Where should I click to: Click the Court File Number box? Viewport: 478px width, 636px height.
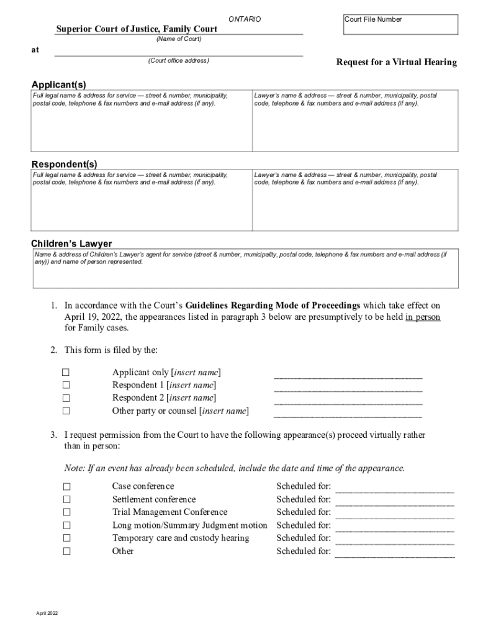pyautogui.click(x=400, y=25)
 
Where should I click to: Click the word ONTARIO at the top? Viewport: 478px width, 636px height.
pyautogui.click(x=245, y=20)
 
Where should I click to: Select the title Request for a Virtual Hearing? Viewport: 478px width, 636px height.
pyautogui.click(x=396, y=62)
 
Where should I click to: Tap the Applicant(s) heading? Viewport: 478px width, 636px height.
pyautogui.click(x=59, y=84)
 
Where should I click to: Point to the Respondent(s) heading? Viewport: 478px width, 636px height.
pyautogui.click(x=65, y=164)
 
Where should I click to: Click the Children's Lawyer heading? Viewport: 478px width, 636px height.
pyautogui.click(x=71, y=243)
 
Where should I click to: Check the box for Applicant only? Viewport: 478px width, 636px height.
pyautogui.click(x=66, y=373)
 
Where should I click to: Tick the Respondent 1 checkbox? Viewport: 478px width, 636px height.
pyautogui.click(x=66, y=386)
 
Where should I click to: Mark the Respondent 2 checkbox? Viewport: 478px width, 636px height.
pyautogui.click(x=66, y=398)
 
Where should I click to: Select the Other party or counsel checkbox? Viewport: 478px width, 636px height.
pyautogui.click(x=66, y=411)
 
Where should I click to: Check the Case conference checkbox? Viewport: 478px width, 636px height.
pyautogui.click(x=66, y=486)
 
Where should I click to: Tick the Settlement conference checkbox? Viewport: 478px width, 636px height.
pyautogui.click(x=66, y=499)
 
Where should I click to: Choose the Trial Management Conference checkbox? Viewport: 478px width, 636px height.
pyautogui.click(x=66, y=512)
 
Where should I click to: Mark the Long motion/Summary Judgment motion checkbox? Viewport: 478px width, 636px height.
pyautogui.click(x=66, y=525)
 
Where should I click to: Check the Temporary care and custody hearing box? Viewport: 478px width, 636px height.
pyautogui.click(x=66, y=538)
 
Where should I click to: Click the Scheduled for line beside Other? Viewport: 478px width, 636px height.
pyautogui.click(x=395, y=552)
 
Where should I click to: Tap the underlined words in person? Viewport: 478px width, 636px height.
pyautogui.click(x=423, y=317)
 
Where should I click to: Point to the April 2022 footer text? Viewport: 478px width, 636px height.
pyautogui.click(x=47, y=613)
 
